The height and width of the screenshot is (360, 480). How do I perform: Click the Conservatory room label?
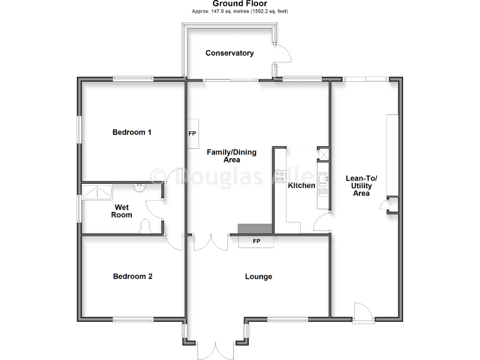229,53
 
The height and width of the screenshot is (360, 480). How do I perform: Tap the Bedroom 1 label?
132,132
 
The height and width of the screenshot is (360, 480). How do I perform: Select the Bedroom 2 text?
132,276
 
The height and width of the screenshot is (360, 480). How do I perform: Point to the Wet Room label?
122,211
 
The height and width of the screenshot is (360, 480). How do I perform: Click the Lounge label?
258,276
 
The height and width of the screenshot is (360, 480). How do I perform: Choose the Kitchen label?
301,186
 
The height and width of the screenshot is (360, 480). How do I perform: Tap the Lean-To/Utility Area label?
361,186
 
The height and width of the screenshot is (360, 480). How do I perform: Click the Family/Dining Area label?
223,156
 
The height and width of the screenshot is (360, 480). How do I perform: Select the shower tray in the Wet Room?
97,191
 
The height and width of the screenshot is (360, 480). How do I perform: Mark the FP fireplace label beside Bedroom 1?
192,134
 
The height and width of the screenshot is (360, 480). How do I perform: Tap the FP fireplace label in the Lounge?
256,241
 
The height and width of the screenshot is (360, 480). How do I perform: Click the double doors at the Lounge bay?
215,350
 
